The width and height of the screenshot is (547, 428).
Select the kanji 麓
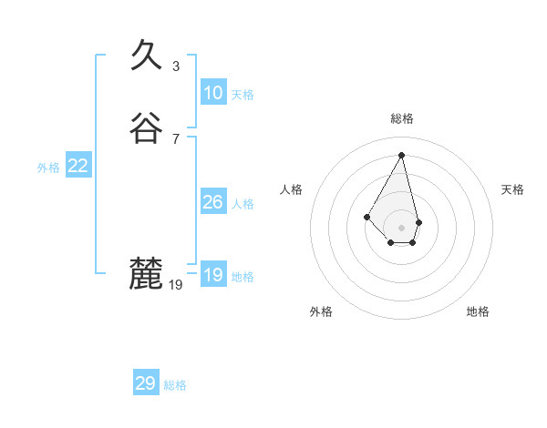point(146,273)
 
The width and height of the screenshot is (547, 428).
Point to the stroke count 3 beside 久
point(176,66)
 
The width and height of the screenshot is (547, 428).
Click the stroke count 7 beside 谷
point(176,138)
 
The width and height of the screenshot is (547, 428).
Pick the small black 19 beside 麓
point(176,285)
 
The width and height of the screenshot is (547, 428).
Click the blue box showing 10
point(213,93)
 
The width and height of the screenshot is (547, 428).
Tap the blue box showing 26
point(213,202)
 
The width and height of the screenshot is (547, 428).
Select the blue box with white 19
point(213,275)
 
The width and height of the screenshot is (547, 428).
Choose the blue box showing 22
point(78,166)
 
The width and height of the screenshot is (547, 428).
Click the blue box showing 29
point(146,383)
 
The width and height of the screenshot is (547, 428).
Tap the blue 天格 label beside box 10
point(243,95)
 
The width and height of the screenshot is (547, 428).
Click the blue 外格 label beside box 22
point(48,168)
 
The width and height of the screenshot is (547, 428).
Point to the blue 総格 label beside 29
point(175,385)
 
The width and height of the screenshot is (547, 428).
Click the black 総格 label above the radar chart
point(402,118)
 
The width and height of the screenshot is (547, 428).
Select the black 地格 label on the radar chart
point(478,311)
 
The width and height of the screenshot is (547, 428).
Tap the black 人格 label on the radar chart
point(292,189)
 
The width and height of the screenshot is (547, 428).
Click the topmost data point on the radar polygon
point(401,154)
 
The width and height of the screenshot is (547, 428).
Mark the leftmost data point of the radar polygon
point(366,217)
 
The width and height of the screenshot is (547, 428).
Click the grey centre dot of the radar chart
point(401,227)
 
